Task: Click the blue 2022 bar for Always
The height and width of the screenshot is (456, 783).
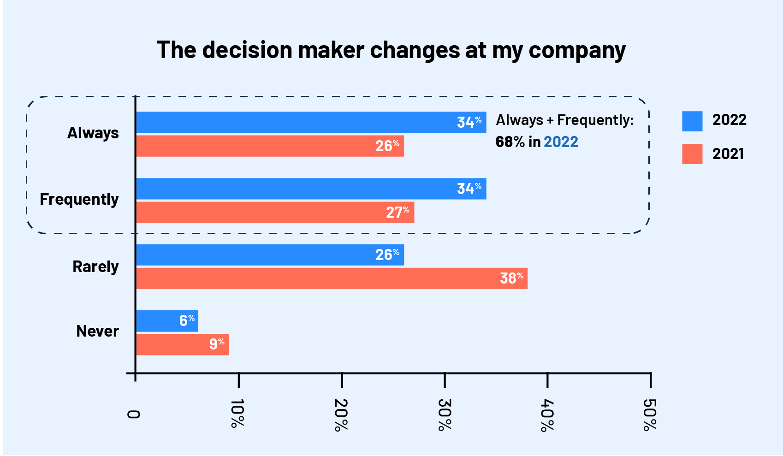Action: click(x=295, y=122)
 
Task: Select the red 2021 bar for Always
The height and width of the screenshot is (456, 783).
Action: click(x=258, y=146)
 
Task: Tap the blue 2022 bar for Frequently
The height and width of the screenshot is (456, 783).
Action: click(x=295, y=189)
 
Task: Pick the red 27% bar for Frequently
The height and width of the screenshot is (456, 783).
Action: click(x=263, y=212)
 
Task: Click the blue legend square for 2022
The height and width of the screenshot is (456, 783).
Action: click(x=692, y=121)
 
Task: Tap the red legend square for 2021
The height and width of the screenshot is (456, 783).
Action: click(x=692, y=154)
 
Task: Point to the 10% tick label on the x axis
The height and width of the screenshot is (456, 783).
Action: click(x=237, y=414)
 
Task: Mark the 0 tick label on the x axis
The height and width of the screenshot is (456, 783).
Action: click(x=133, y=414)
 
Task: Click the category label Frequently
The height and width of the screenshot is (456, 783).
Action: click(x=79, y=200)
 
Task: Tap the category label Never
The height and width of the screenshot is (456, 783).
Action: click(x=97, y=331)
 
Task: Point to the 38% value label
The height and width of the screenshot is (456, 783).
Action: click(x=511, y=278)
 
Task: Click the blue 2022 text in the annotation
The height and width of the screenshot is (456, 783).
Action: click(x=561, y=142)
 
